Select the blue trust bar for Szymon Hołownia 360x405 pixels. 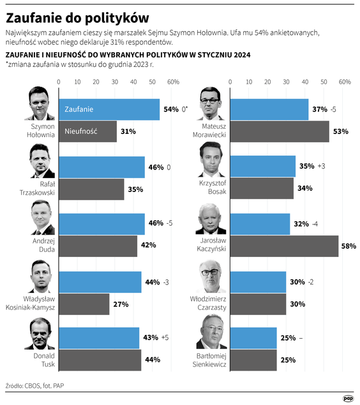(x=109, y=109)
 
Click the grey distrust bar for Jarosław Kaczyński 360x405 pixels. (x=283, y=246)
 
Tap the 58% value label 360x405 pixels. (x=349, y=246)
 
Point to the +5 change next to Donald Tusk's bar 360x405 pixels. (x=165, y=338)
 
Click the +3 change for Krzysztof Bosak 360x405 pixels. (x=321, y=166)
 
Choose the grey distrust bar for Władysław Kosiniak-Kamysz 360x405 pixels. (x=84, y=304)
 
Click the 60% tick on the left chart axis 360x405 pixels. (x=173, y=82)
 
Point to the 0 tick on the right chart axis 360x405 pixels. (x=230, y=82)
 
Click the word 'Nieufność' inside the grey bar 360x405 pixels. (x=80, y=131)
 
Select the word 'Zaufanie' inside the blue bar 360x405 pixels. (x=79, y=109)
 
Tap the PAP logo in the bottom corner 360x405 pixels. (x=348, y=398)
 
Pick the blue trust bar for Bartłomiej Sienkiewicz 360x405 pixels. (x=253, y=338)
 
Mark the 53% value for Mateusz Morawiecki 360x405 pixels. (x=340, y=131)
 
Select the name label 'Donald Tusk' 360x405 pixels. (x=43, y=359)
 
